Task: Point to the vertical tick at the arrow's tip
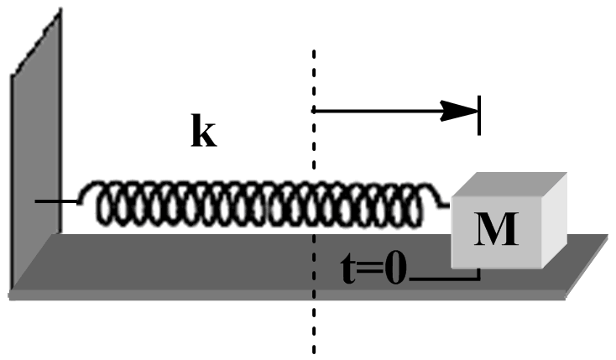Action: click(x=479, y=112)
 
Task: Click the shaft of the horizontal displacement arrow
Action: click(x=378, y=111)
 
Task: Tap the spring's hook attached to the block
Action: click(x=443, y=201)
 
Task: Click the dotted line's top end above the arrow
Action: click(x=314, y=54)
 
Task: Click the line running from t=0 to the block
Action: click(x=445, y=278)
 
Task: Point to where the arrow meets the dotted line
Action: click(x=314, y=111)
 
